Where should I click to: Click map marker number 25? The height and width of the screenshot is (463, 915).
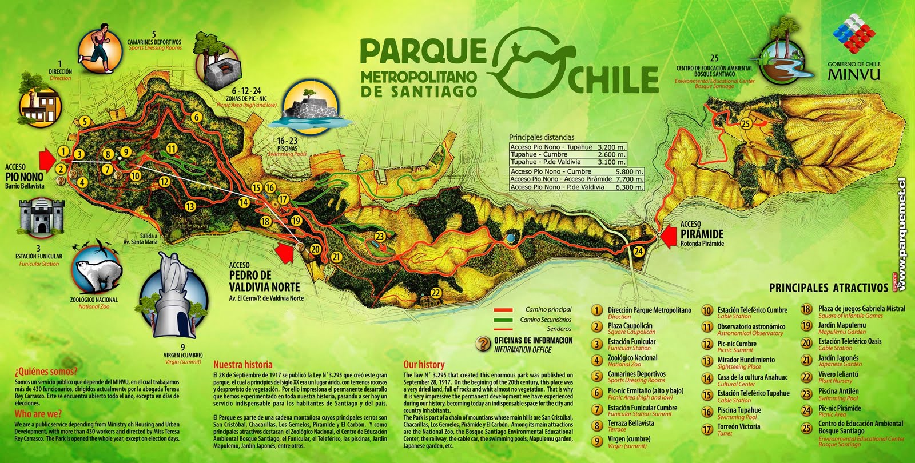[746, 123]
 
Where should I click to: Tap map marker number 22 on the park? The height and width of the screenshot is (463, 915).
[436, 293]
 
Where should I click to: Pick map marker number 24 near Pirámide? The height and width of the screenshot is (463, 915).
[639, 251]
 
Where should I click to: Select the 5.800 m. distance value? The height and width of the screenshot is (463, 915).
[629, 171]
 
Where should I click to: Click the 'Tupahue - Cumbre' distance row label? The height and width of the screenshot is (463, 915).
[539, 154]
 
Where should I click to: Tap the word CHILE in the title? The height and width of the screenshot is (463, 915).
[613, 80]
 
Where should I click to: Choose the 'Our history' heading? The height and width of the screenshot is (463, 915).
[424, 364]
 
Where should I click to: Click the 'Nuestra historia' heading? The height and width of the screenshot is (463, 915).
[242, 364]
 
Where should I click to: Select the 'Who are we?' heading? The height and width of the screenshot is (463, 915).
[38, 413]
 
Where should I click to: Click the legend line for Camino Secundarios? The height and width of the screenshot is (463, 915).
[503, 320]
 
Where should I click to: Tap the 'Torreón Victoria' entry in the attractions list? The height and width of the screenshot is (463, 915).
[738, 426]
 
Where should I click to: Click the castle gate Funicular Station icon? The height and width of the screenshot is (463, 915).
[42, 217]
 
